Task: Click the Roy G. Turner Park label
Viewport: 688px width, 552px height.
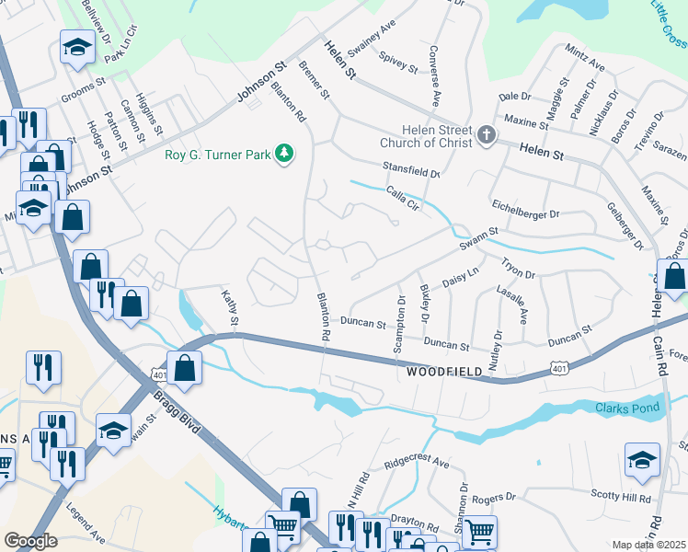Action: tap(218, 155)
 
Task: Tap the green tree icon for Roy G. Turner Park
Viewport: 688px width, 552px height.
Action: tap(285, 154)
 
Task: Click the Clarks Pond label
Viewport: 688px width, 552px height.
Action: tap(627, 408)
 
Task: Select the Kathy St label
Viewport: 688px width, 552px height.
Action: tap(230, 308)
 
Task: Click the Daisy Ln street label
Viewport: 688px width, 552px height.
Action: tap(461, 276)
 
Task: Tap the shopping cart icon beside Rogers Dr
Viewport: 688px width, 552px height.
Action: tap(479, 532)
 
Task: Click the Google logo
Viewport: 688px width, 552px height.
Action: tap(30, 540)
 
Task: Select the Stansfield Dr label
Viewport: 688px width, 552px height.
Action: tap(411, 170)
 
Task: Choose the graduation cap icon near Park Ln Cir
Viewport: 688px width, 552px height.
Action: tap(78, 47)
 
